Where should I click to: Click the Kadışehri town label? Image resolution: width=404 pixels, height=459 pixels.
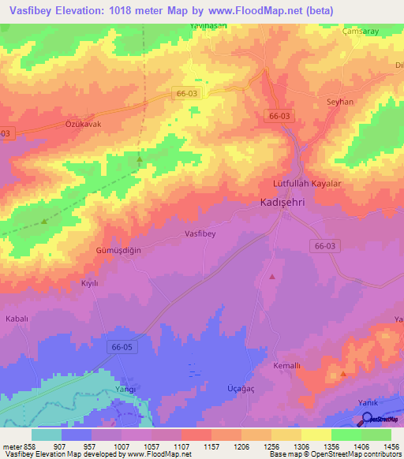(x=288, y=203)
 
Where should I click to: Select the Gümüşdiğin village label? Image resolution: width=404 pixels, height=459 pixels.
(x=120, y=249)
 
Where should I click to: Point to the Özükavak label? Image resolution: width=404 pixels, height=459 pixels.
(x=84, y=125)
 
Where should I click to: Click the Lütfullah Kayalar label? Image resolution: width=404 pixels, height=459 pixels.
(x=305, y=183)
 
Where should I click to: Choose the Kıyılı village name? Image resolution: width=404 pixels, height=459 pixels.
(x=91, y=282)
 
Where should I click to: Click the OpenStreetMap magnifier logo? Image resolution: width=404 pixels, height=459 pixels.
(x=367, y=419)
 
